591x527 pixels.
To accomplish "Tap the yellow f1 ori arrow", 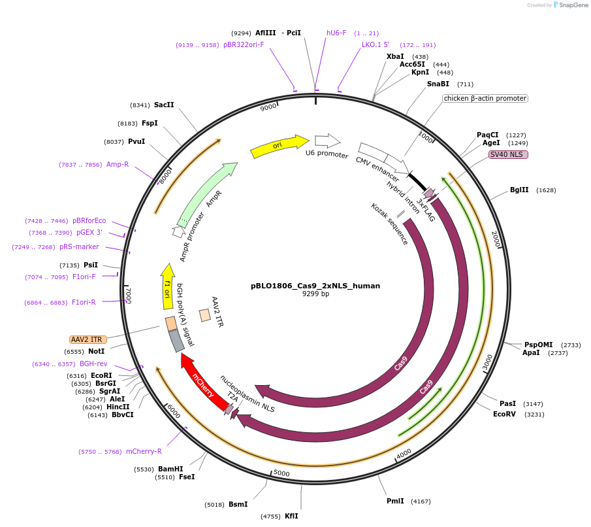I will click(x=168, y=286).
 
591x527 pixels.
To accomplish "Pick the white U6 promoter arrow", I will click(x=327, y=141).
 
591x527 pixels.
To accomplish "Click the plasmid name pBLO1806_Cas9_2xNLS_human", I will click(x=315, y=286).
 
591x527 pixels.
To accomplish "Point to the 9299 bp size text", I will click(x=315, y=294).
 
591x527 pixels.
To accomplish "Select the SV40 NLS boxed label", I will click(x=508, y=155).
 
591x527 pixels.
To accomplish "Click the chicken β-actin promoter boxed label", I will click(x=485, y=98).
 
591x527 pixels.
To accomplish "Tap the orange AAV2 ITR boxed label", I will click(x=88, y=339).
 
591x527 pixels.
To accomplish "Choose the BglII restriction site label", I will click(x=519, y=190).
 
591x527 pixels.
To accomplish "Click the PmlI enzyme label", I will click(x=395, y=501).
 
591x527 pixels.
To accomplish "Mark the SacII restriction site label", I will click(x=164, y=105).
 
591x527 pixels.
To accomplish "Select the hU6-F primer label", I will click(x=336, y=33).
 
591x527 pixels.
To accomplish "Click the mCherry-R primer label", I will click(x=144, y=451).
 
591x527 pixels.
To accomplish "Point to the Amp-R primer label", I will click(x=118, y=164).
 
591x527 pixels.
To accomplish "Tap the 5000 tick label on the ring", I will click(x=281, y=473).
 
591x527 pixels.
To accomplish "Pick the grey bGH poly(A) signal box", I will click(x=176, y=340).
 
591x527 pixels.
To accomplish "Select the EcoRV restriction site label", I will click(x=505, y=414).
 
